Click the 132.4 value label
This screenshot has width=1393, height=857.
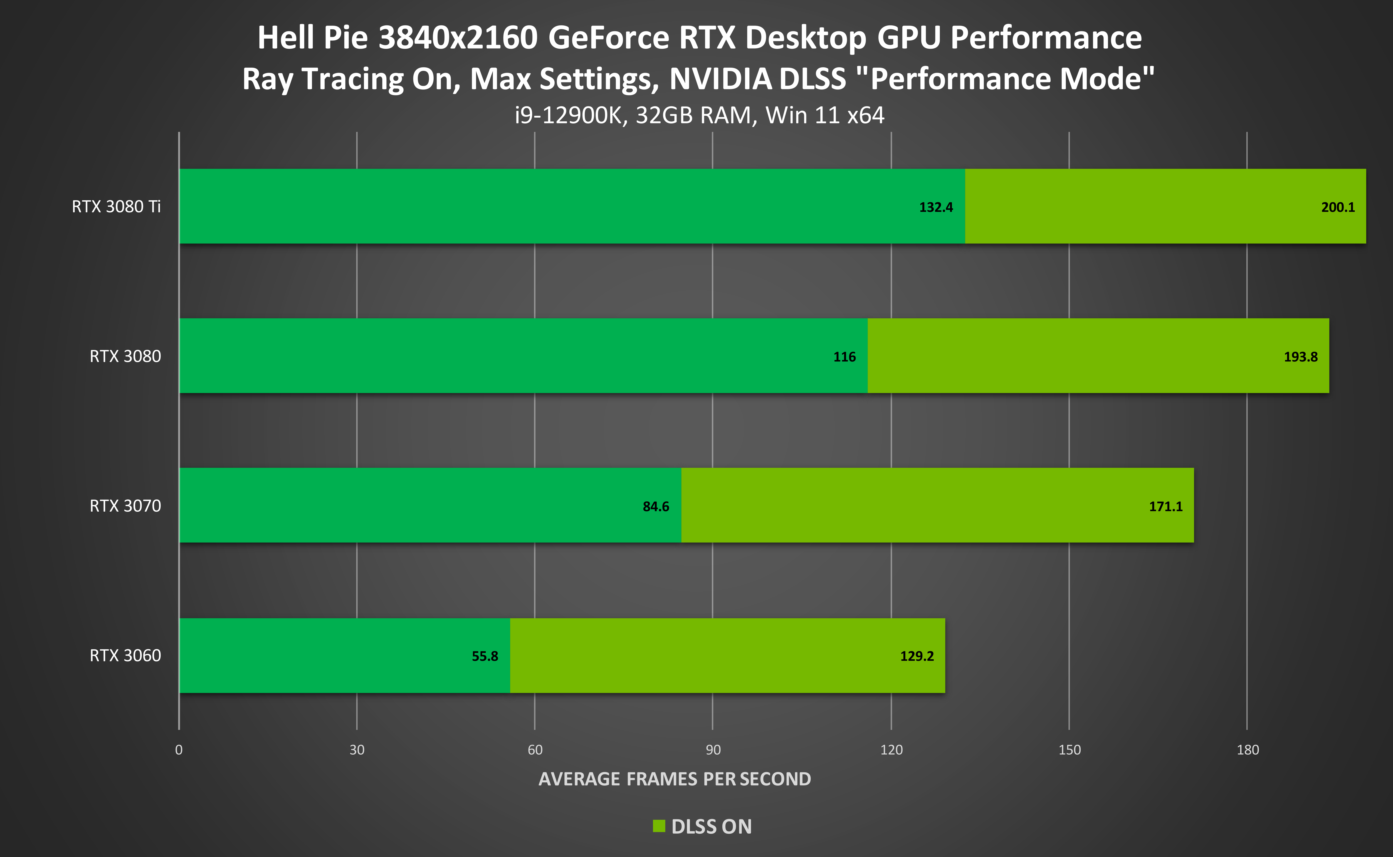coord(936,208)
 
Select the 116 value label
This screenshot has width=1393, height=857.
coord(844,357)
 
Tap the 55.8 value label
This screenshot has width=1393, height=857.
coord(485,656)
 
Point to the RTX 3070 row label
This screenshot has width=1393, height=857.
coord(125,506)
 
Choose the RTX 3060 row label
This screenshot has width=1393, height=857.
coord(125,656)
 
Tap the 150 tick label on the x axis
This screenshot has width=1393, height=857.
coord(1069,750)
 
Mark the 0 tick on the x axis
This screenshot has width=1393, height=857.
coord(179,750)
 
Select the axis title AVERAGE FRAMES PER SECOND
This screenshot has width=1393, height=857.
coord(674,779)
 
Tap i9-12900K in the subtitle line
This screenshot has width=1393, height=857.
coord(568,116)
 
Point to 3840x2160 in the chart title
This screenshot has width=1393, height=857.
coord(458,38)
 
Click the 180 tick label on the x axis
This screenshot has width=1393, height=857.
coord(1247,750)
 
